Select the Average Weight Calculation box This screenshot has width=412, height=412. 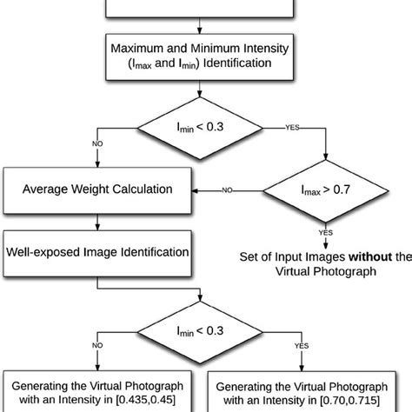[96, 189]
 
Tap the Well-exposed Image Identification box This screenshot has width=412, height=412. [96, 252]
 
